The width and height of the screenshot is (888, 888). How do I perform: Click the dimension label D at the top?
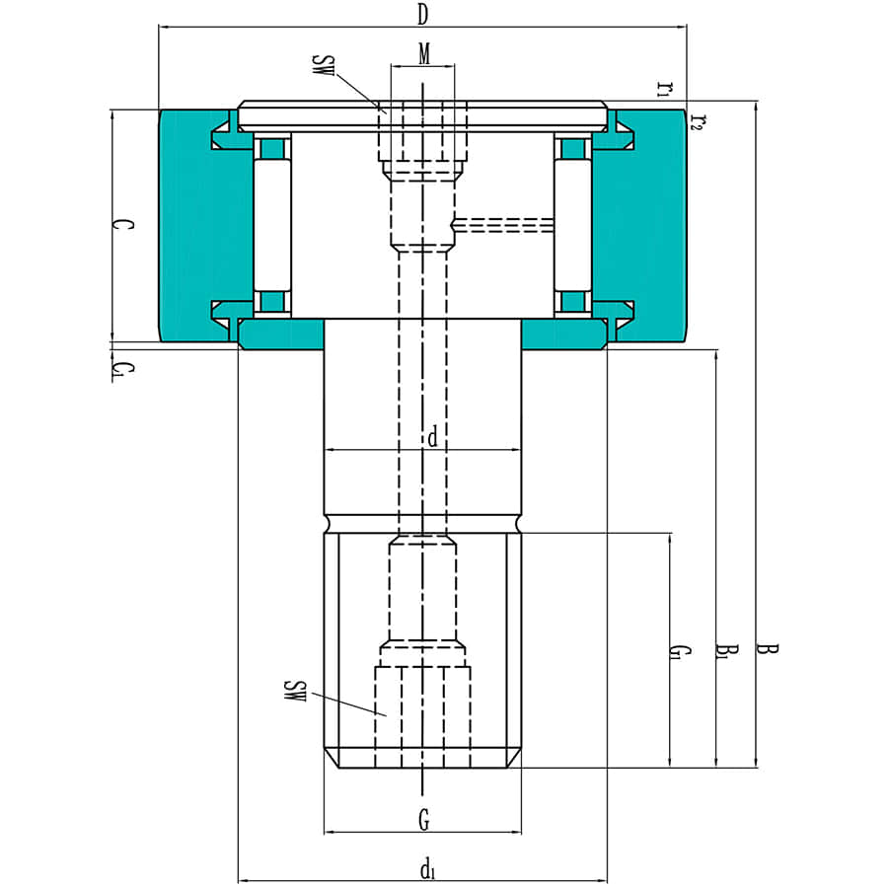pos(422,14)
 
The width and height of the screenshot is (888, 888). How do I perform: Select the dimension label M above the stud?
pos(423,54)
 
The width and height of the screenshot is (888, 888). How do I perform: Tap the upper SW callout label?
pos(324,68)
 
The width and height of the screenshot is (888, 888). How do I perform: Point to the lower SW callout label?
pos(292,691)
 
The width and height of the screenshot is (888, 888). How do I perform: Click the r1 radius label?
pos(664,88)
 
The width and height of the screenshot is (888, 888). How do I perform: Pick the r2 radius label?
pos(697,121)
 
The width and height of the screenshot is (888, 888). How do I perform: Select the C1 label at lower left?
pos(119,370)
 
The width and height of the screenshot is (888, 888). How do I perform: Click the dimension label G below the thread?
pos(423,818)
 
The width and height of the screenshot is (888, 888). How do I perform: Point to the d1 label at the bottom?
pos(427,869)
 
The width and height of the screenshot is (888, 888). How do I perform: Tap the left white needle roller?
pos(272,225)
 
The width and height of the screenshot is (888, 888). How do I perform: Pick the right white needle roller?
pos(571,225)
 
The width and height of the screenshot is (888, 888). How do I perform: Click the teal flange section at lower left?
pos(282,335)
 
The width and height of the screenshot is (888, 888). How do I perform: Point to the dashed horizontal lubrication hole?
pos(503,225)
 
